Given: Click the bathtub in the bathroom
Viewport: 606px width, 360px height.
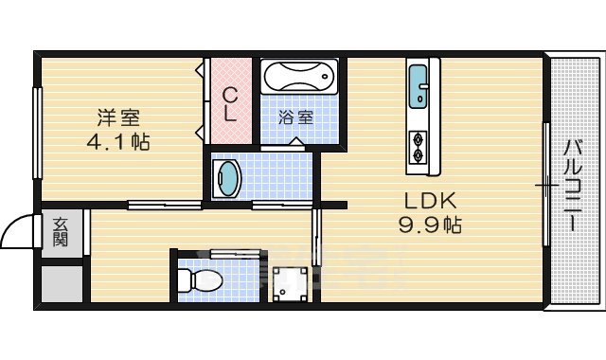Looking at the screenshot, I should pos(299,76).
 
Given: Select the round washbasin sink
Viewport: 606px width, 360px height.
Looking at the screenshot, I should pos(228,177).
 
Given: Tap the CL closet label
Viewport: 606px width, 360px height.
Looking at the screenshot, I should pos(230,104).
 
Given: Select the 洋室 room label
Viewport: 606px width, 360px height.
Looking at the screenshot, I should pos(118,118).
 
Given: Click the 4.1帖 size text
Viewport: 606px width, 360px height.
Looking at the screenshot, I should pos(118,142).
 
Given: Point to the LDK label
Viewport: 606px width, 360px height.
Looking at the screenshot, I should pos(432,201).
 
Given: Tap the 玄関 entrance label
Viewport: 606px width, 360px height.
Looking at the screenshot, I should pos(61,232).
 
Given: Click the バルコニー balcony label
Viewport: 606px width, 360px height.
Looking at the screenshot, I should pos(573,185).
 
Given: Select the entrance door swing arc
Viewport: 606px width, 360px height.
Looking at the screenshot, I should pos(17,229).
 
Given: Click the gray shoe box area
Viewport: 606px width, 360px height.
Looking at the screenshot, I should pos(62,281).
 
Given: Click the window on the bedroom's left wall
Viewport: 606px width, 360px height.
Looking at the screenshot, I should pos(38,133).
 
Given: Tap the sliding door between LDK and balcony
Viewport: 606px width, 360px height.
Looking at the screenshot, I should pos(545,185).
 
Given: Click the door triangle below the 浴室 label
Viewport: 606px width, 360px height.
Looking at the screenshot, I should pos(296,142).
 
